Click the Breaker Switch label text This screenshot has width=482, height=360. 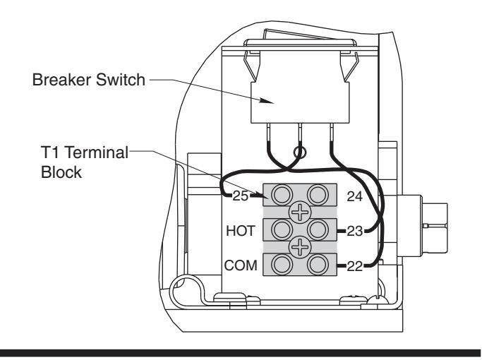point(88,80)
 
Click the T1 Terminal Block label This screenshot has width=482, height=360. point(85,162)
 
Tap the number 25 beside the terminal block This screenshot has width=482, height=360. point(240,196)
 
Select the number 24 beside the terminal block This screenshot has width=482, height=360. point(355,196)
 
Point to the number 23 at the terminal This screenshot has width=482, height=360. point(355,231)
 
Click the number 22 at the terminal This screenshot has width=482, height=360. point(355,266)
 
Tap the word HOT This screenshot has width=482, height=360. point(241,231)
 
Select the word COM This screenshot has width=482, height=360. point(241,265)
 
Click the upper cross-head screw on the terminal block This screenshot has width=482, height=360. point(300,212)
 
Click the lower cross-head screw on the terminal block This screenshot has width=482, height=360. point(300,247)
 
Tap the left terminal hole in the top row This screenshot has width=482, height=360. point(282,195)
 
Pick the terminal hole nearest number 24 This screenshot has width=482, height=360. point(318,195)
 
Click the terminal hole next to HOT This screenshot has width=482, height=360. point(282,229)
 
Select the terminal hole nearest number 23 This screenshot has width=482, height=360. point(318,229)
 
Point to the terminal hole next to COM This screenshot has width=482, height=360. point(282,265)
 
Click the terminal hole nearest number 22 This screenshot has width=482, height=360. point(318,265)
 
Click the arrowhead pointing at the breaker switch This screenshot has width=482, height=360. point(266,101)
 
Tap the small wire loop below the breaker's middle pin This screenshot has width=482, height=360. point(300,152)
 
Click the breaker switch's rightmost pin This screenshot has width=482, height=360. point(332,133)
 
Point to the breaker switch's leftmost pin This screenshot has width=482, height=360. point(270,133)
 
